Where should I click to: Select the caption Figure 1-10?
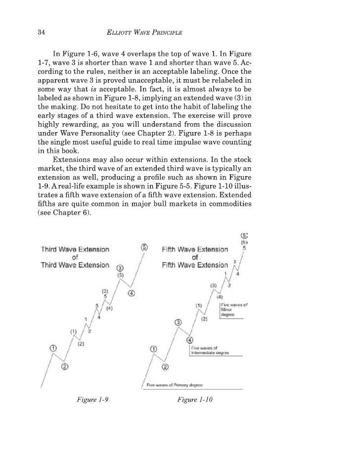click(x=194, y=400)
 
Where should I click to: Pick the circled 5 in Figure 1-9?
click(x=144, y=247)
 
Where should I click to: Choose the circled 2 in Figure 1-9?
click(x=64, y=367)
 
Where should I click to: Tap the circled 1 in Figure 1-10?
click(x=153, y=349)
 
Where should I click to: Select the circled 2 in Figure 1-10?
click(x=165, y=367)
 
